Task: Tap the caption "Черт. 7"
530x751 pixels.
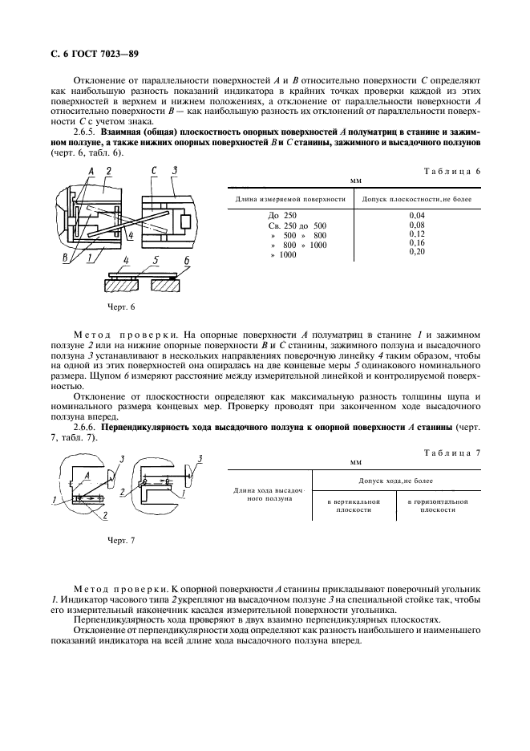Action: pos(122,540)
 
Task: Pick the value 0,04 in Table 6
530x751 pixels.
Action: pos(417,216)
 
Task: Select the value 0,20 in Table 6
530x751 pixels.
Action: pos(417,251)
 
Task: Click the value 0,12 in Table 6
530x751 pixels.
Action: pos(417,233)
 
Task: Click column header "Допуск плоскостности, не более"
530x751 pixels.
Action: pos(417,198)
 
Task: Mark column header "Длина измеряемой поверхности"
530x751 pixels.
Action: pos(290,198)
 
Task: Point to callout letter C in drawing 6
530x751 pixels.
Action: pos(153,171)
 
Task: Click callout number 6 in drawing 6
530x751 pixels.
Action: pos(186,261)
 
